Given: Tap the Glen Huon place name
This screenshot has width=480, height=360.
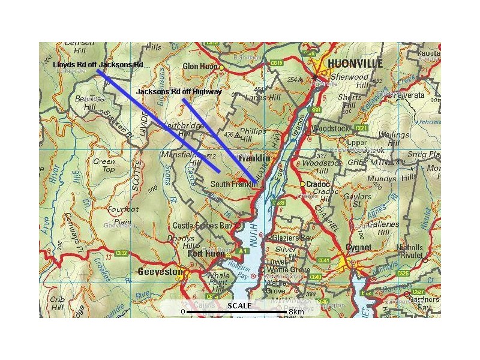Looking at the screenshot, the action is pyautogui.click(x=200, y=67).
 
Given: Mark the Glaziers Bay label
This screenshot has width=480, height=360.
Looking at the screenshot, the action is pyautogui.click(x=293, y=238).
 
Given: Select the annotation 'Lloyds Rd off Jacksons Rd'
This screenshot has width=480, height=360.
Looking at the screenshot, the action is pyautogui.click(x=98, y=64).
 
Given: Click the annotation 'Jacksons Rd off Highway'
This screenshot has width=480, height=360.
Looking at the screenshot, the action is pyautogui.click(x=179, y=92).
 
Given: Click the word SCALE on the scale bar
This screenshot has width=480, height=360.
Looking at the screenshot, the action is pyautogui.click(x=239, y=306).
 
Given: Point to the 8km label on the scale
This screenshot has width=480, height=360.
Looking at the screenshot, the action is pyautogui.click(x=296, y=312).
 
